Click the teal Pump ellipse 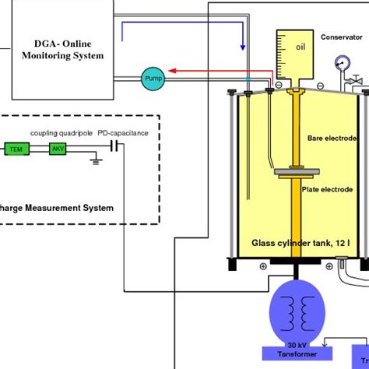pyautogui.click(x=153, y=76)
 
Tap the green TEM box pyautogui.click(x=15, y=148)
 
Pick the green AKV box pyautogui.click(x=58, y=148)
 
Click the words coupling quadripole pyautogui.click(x=61, y=133)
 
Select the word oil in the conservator pyautogui.click(x=300, y=46)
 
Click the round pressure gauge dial pyautogui.click(x=339, y=63)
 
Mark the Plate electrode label pyautogui.click(x=335, y=189)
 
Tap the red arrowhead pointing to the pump pyautogui.click(x=173, y=70)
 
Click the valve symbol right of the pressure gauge pyautogui.click(x=358, y=79)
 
